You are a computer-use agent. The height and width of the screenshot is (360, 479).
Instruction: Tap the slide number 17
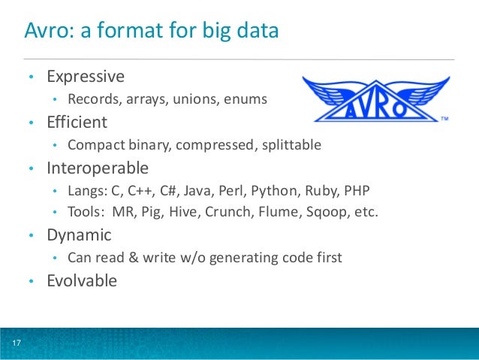15,344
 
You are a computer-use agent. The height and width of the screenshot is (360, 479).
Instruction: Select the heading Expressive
86,77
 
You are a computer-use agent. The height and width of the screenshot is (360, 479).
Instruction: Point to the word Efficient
77,122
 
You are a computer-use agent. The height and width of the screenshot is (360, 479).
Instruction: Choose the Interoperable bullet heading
98,168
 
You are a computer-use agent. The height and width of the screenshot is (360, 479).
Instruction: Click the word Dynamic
79,235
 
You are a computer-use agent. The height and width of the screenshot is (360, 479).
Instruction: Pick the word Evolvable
82,281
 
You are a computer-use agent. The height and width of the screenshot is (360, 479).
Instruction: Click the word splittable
291,144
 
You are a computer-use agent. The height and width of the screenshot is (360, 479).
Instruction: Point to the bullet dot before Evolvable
31,283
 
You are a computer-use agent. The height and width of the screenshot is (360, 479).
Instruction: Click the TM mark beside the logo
444,119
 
